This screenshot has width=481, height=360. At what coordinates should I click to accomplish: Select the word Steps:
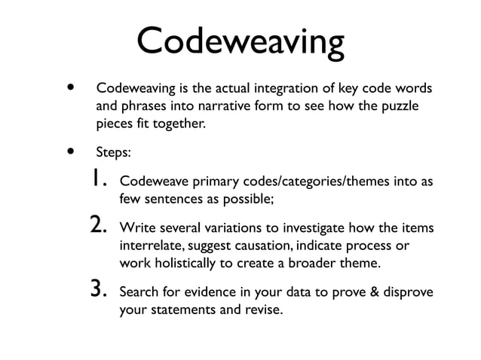click(114, 151)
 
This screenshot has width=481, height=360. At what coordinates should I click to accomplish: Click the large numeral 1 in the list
click(100, 181)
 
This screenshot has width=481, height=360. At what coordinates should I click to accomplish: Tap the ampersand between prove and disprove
click(374, 291)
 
